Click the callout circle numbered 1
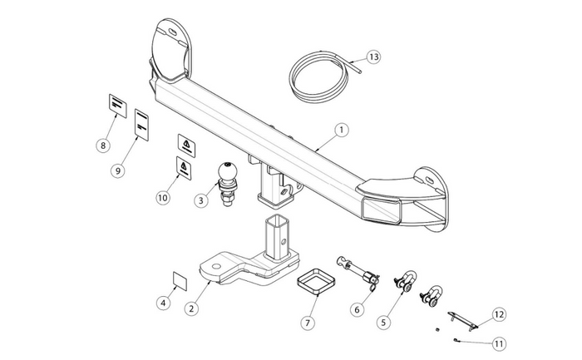tap(339, 131)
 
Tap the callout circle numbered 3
tap(201, 200)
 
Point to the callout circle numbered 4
tap(164, 303)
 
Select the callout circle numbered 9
tap(129, 170)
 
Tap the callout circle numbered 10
tap(162, 198)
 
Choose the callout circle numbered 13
tap(372, 57)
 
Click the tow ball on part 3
tap(229, 173)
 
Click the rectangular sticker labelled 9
tap(141, 125)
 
